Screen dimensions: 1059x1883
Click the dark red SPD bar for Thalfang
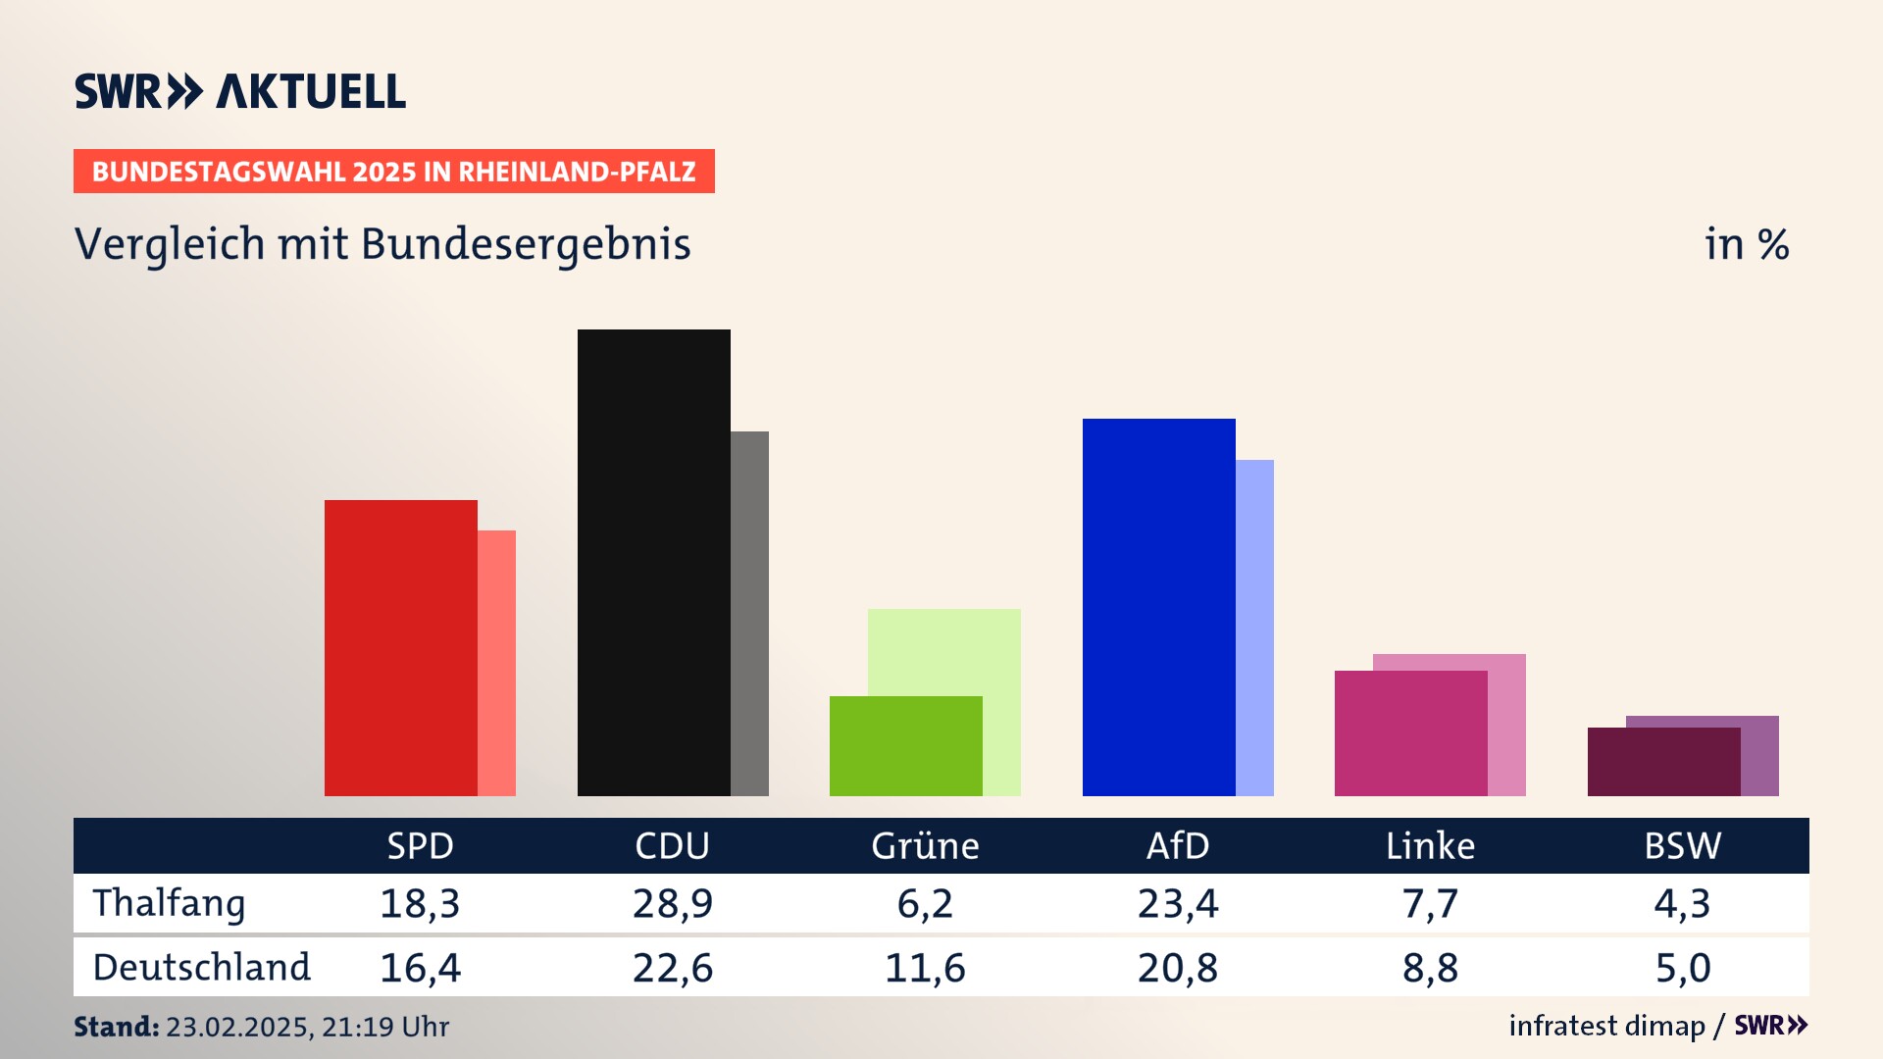click(400, 647)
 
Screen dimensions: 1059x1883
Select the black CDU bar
click(653, 562)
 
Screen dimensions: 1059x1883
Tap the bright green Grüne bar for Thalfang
click(905, 745)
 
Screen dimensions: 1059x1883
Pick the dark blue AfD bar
click(1158, 607)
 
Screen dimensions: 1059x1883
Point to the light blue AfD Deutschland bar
click(1254, 628)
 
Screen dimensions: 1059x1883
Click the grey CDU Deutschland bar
click(749, 613)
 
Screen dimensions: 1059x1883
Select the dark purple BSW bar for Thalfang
click(1663, 762)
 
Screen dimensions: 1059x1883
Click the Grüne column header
click(925, 845)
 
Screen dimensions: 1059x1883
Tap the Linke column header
click(1430, 845)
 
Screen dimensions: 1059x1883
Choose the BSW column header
click(1682, 845)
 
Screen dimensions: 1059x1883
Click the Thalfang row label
click(169, 903)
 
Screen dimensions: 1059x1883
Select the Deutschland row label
click(201, 968)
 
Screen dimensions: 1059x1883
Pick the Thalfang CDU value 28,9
click(672, 903)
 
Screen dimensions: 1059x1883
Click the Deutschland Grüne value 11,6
click(925, 968)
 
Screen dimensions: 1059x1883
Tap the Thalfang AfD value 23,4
click(1177, 903)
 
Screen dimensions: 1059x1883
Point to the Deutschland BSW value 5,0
click(1682, 968)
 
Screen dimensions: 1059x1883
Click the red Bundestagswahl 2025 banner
click(393, 172)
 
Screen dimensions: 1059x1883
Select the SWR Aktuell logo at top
click(240, 91)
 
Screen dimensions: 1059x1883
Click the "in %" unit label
click(1746, 244)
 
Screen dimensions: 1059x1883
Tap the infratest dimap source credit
click(1606, 1026)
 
